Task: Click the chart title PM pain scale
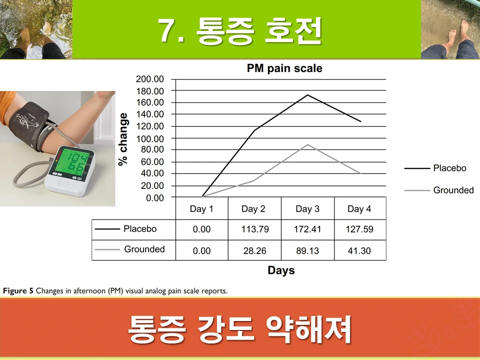[284, 68]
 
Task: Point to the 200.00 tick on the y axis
[150, 79]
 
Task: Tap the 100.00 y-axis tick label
[150, 138]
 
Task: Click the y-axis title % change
[123, 138]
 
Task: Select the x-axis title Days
[281, 270]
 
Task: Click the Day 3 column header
[307, 208]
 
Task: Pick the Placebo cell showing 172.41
[307, 229]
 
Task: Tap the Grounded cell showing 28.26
[254, 250]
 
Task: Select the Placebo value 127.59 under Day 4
[359, 229]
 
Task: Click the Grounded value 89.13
[307, 250]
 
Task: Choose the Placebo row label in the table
[140, 229]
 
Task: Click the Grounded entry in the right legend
[453, 190]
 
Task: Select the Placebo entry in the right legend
[449, 168]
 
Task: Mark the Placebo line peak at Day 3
[307, 95]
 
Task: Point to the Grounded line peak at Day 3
[307, 145]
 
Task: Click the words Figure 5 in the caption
[18, 290]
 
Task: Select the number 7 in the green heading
[166, 30]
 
